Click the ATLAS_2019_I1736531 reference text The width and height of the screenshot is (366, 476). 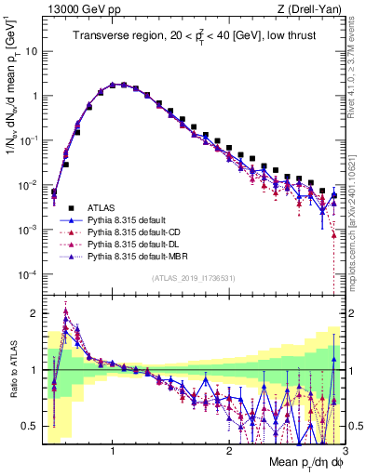193,278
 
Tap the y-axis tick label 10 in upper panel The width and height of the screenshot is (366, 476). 31,51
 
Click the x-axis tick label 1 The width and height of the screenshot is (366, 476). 113,451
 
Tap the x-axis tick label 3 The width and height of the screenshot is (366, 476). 344,451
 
